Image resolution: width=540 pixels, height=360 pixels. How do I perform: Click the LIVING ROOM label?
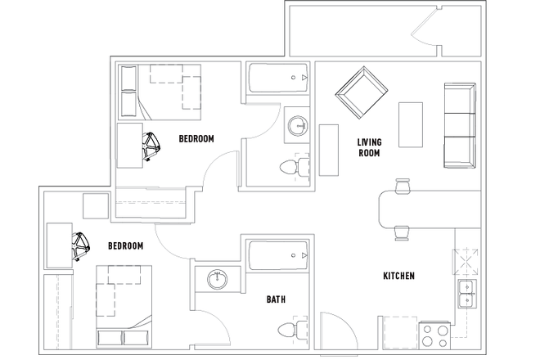[369, 147]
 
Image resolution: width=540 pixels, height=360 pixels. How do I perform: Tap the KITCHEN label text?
[399, 277]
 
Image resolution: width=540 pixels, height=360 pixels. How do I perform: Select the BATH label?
[276, 299]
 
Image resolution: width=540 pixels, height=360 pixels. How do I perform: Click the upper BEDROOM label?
[196, 139]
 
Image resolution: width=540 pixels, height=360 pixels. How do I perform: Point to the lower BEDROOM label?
[126, 246]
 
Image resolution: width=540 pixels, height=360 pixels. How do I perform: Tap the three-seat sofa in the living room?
[459, 124]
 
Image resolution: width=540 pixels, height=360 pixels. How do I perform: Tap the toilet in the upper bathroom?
[292, 168]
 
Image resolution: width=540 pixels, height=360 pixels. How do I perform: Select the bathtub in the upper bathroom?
[278, 79]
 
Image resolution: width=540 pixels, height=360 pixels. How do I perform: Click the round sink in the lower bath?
[218, 278]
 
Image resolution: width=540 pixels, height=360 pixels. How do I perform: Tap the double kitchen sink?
[466, 293]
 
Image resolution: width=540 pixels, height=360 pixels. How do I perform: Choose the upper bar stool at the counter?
[402, 187]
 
